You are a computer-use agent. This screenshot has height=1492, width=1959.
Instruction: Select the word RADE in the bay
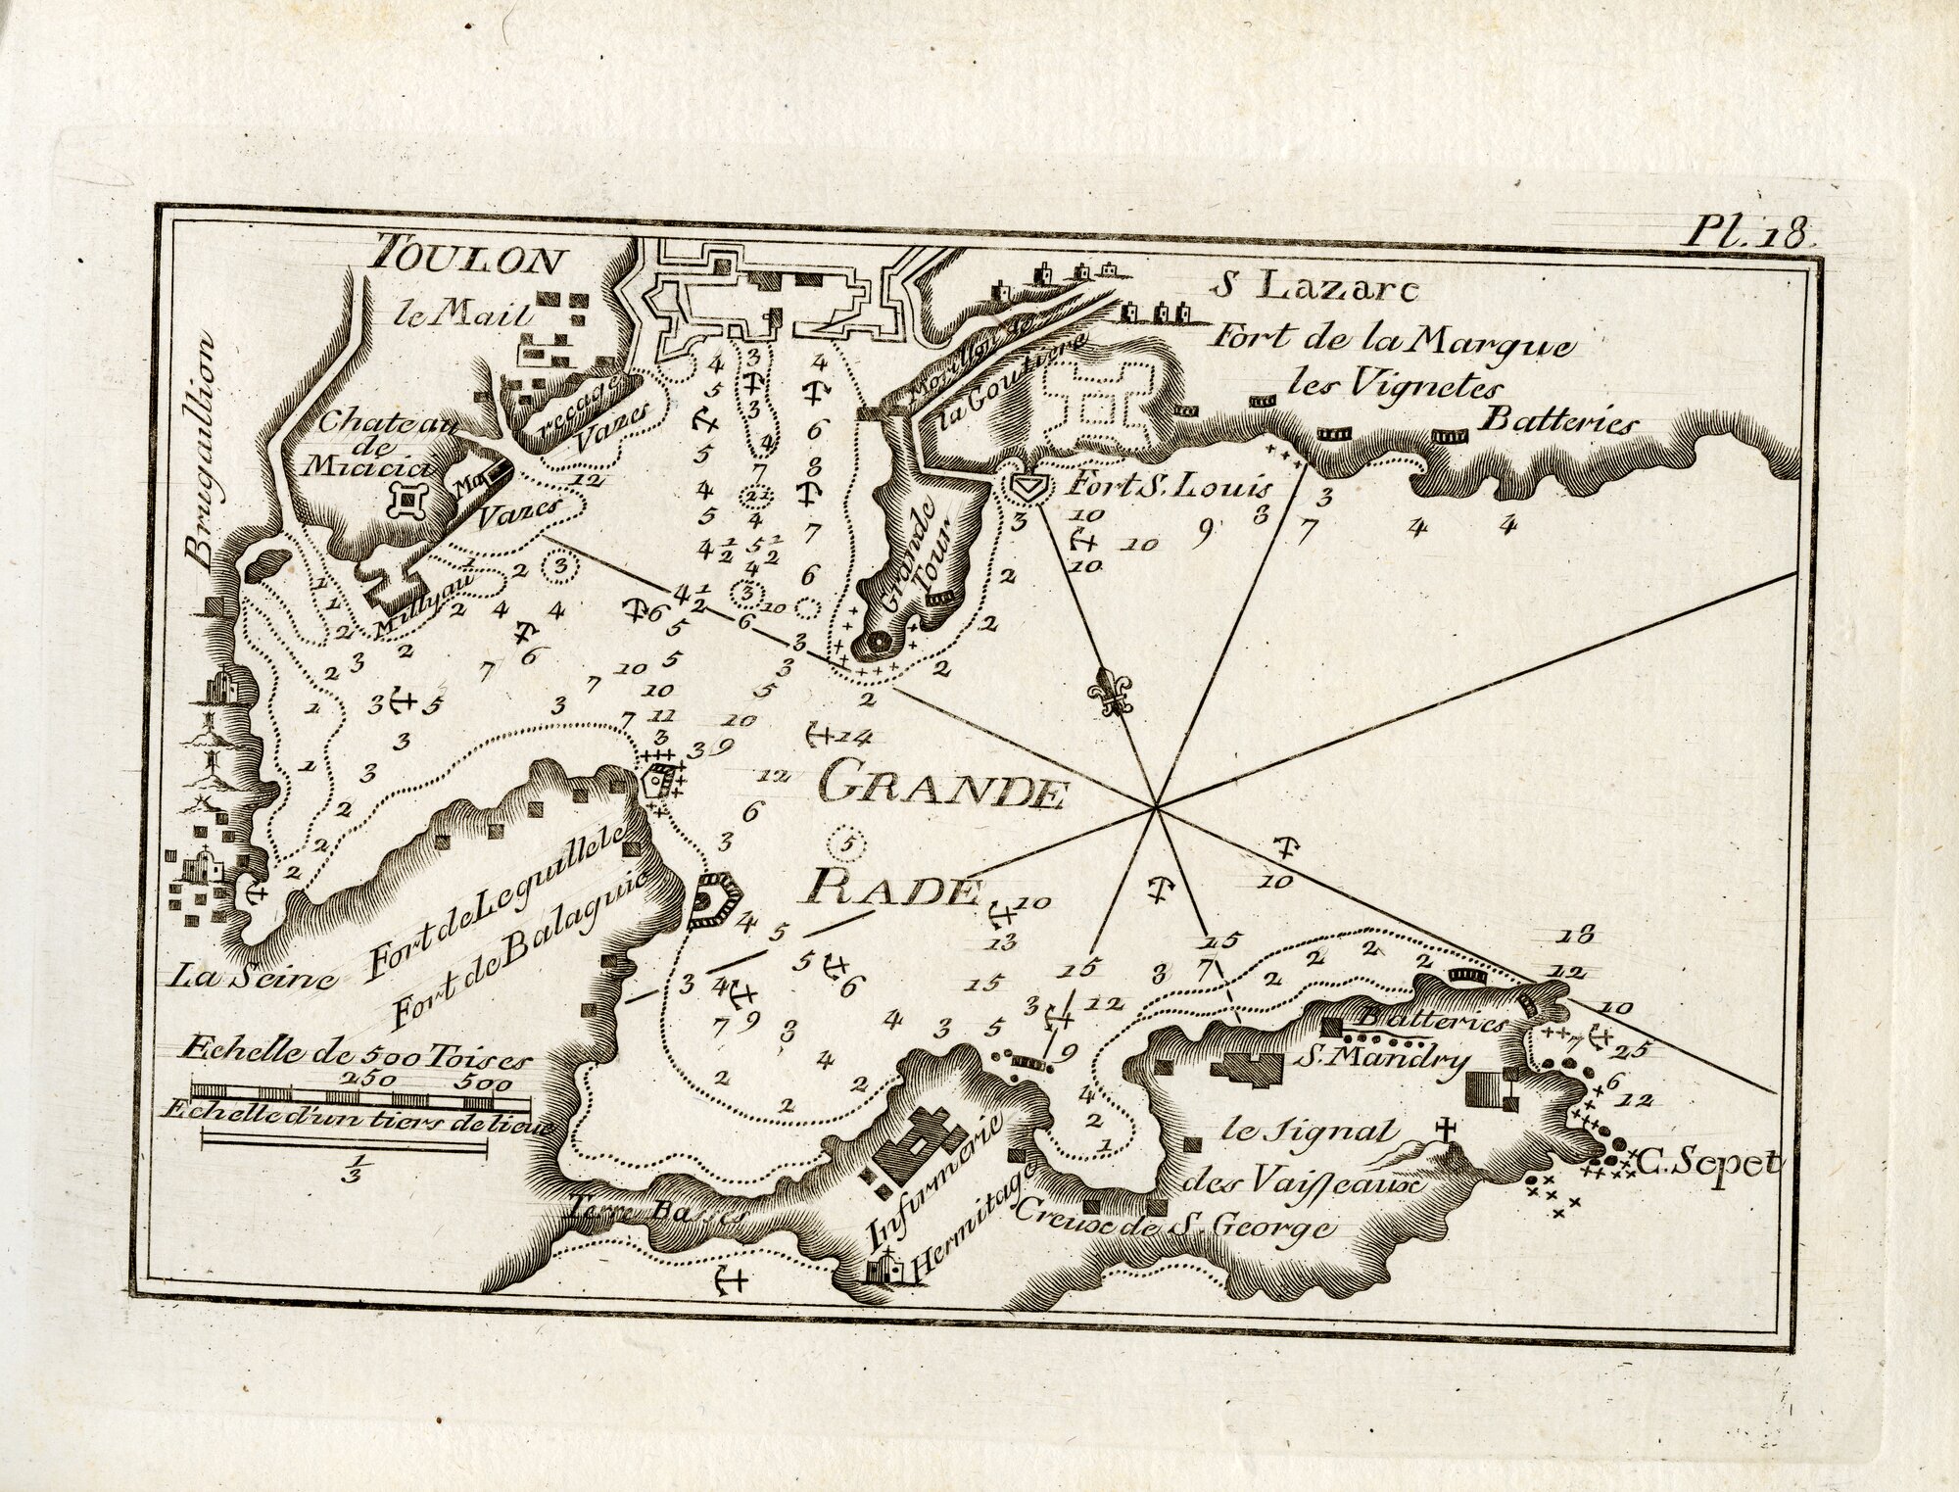[891, 890]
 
